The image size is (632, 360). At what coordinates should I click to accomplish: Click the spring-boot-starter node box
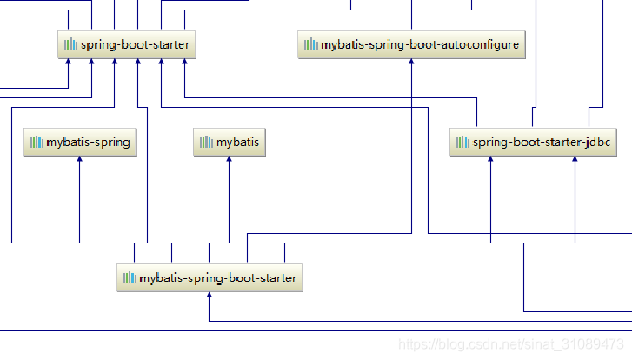pyautogui.click(x=127, y=44)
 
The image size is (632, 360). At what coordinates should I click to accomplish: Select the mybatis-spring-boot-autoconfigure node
pyautogui.click(x=411, y=44)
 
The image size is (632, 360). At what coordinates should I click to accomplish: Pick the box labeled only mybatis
pyautogui.click(x=230, y=143)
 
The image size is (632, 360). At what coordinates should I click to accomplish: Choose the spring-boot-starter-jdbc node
pyautogui.click(x=533, y=143)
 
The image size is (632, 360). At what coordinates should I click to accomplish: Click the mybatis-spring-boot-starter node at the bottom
pyautogui.click(x=210, y=278)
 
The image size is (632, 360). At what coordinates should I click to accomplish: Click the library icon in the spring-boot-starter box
pyautogui.click(x=70, y=44)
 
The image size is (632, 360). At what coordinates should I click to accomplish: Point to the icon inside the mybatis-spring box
pyautogui.click(x=36, y=143)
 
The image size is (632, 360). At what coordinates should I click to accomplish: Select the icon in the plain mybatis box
pyautogui.click(x=206, y=143)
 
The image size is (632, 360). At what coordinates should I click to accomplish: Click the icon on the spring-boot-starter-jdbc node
pyautogui.click(x=462, y=143)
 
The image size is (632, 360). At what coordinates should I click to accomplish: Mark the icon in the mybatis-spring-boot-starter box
pyautogui.click(x=130, y=278)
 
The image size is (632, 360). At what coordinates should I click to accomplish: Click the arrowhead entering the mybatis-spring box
pyautogui.click(x=80, y=161)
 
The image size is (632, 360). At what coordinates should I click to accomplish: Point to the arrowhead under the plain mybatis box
pyautogui.click(x=230, y=161)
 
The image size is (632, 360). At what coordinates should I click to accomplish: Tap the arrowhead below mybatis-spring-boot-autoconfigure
pyautogui.click(x=410, y=63)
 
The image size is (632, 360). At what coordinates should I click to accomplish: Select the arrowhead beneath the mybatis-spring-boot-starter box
pyautogui.click(x=210, y=297)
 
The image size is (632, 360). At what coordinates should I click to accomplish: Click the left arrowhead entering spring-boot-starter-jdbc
pyautogui.click(x=491, y=161)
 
